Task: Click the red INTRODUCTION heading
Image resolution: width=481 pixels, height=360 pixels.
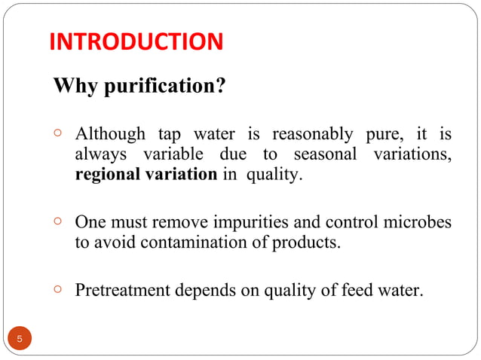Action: click(x=136, y=41)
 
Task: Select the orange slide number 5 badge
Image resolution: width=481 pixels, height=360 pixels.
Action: click(x=20, y=340)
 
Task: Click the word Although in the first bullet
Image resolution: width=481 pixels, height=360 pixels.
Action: click(x=110, y=136)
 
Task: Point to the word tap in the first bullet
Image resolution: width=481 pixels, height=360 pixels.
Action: click(x=170, y=136)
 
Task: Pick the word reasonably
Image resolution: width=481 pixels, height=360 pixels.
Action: click(x=311, y=136)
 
